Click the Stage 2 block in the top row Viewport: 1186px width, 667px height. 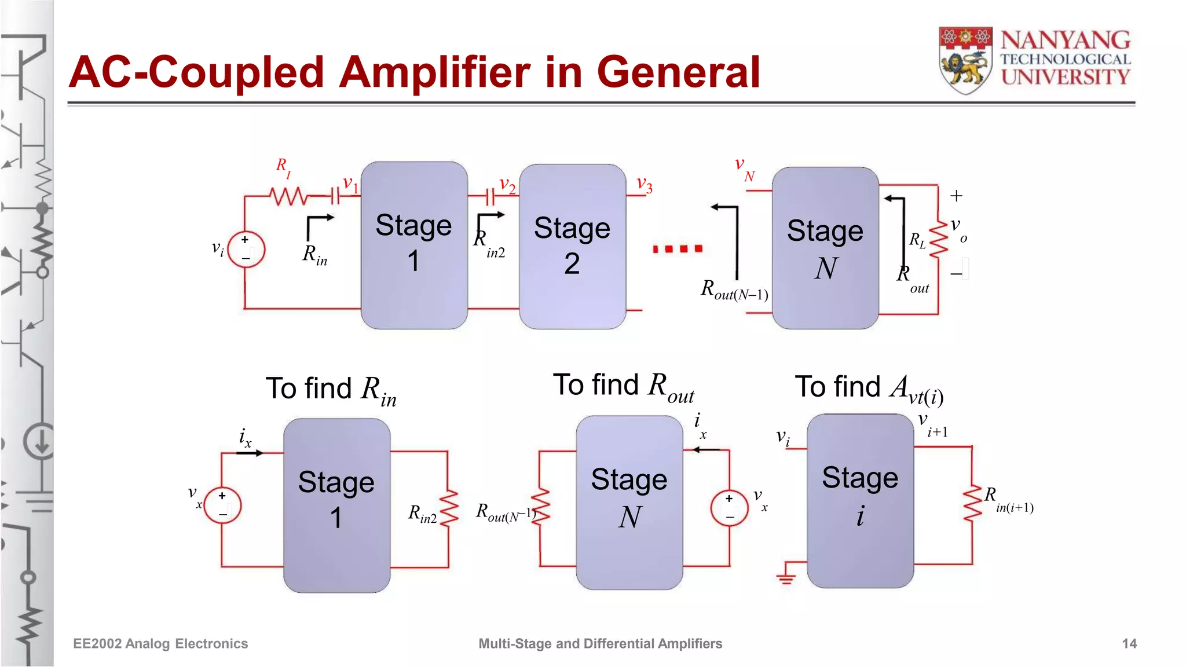pyautogui.click(x=572, y=246)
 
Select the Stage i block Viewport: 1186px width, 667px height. pyautogui.click(x=860, y=500)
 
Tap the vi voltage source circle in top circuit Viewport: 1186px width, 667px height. pyautogui.click(x=246, y=250)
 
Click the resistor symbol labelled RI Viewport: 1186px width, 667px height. pyautogui.click(x=289, y=197)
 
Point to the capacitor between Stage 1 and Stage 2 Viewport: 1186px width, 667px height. pyautogui.click(x=490, y=197)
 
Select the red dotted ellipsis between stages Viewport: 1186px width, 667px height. pyautogui.click(x=677, y=249)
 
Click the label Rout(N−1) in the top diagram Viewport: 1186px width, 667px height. pyautogui.click(x=734, y=289)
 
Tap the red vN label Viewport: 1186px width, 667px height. pyautogui.click(x=744, y=168)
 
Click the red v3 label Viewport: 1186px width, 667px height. pyautogui.click(x=644, y=185)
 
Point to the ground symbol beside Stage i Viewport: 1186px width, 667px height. pyautogui.click(x=786, y=577)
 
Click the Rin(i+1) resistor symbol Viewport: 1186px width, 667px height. pyautogui.click(x=972, y=504)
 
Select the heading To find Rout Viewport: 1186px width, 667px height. pyautogui.click(x=623, y=387)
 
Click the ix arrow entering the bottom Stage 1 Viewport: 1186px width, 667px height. pyautogui.click(x=251, y=453)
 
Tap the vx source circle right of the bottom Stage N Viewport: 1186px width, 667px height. pyautogui.click(x=729, y=508)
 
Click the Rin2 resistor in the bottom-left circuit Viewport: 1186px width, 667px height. pyautogui.click(x=448, y=508)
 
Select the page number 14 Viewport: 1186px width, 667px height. pyautogui.click(x=1129, y=643)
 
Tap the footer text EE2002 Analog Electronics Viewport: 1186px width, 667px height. pyautogui.click(x=160, y=643)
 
